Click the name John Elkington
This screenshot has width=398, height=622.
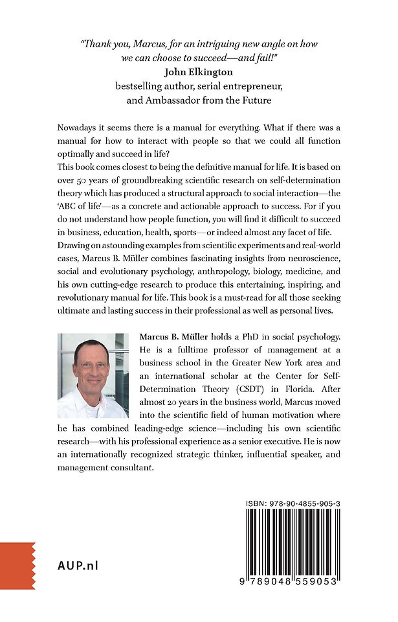pos(199,71)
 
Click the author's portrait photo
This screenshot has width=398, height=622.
pos(93,375)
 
